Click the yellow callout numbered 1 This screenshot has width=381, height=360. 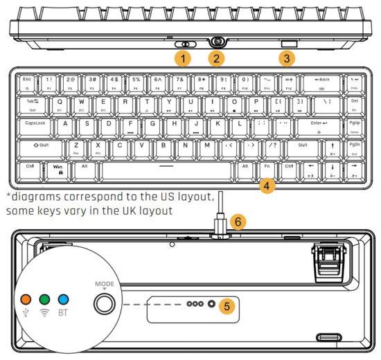click(184, 58)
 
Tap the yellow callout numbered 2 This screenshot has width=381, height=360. click(217, 58)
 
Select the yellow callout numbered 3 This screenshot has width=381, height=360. click(287, 60)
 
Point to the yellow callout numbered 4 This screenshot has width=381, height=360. click(269, 185)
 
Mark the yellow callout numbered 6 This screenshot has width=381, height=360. click(238, 222)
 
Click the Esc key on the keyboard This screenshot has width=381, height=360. click(27, 82)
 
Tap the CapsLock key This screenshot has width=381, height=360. click(37, 125)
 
